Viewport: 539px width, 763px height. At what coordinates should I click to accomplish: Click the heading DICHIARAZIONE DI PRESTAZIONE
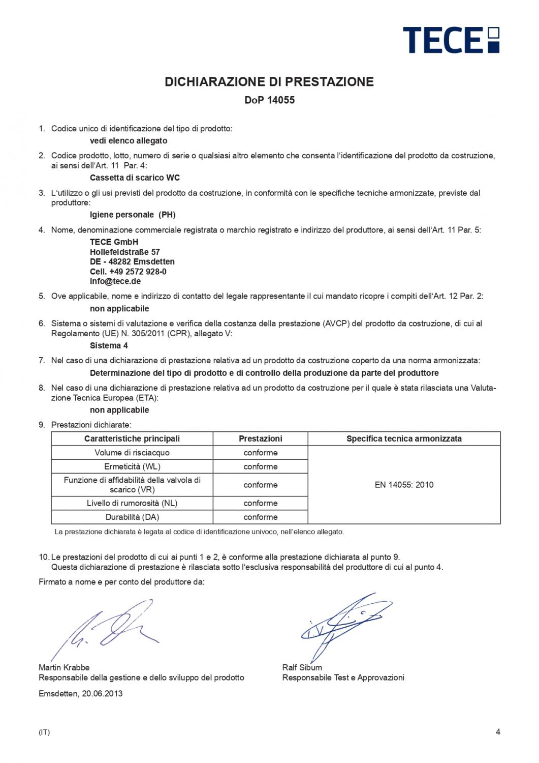click(x=269, y=81)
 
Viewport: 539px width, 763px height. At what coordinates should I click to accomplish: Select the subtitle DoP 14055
click(x=269, y=100)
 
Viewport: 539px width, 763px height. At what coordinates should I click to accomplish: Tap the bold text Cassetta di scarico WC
click(x=135, y=178)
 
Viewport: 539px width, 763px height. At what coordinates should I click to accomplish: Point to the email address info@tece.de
click(x=115, y=281)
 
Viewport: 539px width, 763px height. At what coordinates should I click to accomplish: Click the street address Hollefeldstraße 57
click(x=125, y=252)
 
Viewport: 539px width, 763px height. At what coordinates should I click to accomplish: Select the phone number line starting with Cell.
click(x=128, y=272)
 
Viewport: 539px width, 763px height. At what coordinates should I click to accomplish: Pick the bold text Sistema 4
click(x=109, y=345)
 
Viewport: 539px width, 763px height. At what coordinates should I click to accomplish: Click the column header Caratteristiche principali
click(x=132, y=438)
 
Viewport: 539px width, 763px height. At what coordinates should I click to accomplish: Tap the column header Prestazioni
click(x=261, y=438)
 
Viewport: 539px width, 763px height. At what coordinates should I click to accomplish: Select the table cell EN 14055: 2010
click(x=404, y=485)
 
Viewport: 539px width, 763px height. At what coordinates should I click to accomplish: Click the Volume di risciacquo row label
click(x=132, y=453)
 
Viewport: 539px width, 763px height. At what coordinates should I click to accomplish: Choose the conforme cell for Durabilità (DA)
click(x=261, y=517)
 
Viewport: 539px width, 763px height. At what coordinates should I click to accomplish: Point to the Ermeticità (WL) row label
click(x=132, y=466)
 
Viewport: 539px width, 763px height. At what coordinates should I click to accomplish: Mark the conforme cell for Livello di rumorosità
click(x=261, y=503)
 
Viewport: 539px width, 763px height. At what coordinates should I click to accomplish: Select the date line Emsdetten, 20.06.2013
click(x=80, y=693)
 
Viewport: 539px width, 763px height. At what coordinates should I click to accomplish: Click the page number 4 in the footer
click(x=498, y=732)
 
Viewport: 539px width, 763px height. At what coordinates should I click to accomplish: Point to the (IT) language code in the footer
click(x=44, y=732)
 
